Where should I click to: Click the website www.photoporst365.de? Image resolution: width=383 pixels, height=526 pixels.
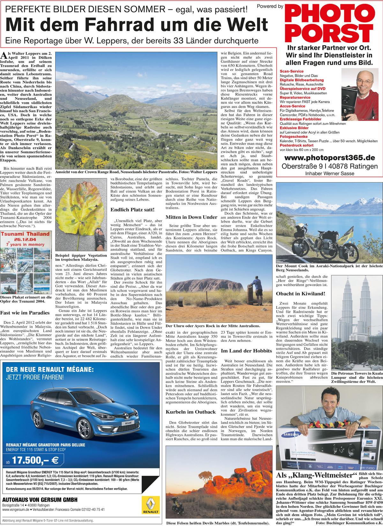pyautogui.click(x=329, y=158)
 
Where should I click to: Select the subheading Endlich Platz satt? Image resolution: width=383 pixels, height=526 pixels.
pyautogui.click(x=133, y=210)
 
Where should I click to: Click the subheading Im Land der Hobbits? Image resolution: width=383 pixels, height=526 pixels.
pyautogui.click(x=246, y=351)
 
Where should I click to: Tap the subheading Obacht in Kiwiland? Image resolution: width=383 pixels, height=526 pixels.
pyautogui.click(x=300, y=293)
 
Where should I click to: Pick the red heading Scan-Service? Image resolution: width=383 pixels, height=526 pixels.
pyautogui.click(x=291, y=71)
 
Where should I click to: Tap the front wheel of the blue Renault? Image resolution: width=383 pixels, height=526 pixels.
pyautogui.click(x=84, y=430)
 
